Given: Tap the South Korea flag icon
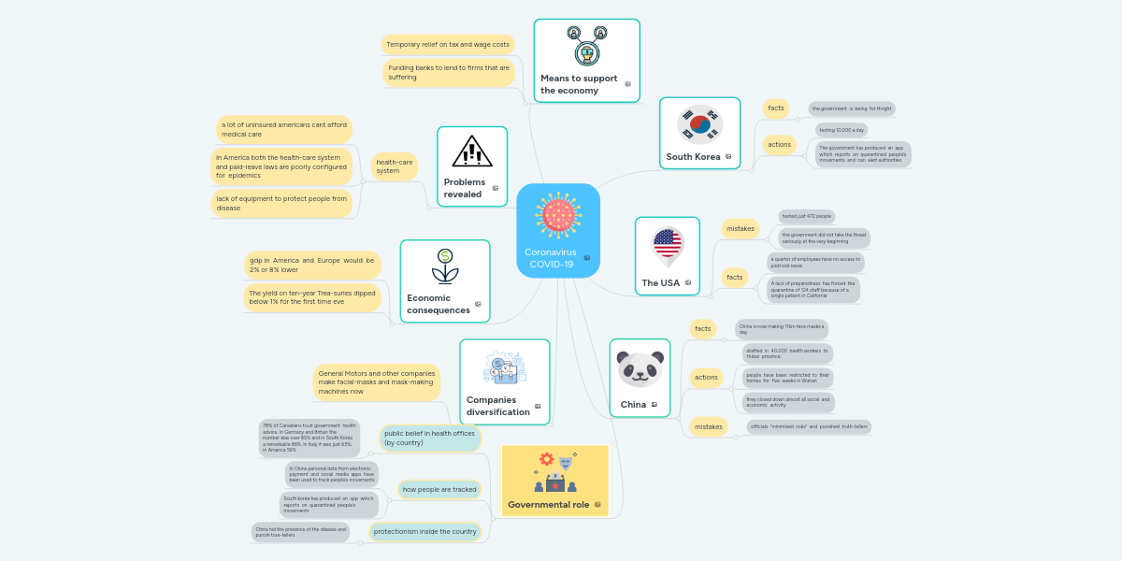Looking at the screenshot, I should pyautogui.click(x=699, y=124).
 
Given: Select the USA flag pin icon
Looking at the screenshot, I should pyautogui.click(x=667, y=246).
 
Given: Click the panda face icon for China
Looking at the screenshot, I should pyautogui.click(x=640, y=368).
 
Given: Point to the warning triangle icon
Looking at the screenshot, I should pyautogui.click(x=471, y=151).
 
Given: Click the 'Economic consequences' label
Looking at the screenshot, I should pyautogui.click(x=439, y=304).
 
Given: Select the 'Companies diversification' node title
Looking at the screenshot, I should pyautogui.click(x=497, y=406).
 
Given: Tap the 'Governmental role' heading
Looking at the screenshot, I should pyautogui.click(x=548, y=504).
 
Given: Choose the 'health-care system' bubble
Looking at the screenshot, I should pyautogui.click(x=394, y=166).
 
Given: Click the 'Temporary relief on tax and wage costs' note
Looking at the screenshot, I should pyautogui.click(x=448, y=44).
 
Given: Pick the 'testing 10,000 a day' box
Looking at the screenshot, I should pyautogui.click(x=841, y=130).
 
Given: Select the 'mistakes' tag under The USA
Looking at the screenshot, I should pyautogui.click(x=741, y=228).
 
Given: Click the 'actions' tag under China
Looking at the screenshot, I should pyautogui.click(x=706, y=377).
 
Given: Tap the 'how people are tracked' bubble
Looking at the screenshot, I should pyautogui.click(x=439, y=489).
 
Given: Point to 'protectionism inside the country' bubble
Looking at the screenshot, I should pyautogui.click(x=425, y=532).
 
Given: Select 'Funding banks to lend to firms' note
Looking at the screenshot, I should pyautogui.click(x=449, y=72).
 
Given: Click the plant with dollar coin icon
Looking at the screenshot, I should pyautogui.click(x=445, y=266).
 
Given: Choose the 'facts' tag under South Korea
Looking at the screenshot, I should pyautogui.click(x=776, y=108).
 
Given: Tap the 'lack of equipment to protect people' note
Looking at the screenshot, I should pyautogui.click(x=281, y=203).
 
